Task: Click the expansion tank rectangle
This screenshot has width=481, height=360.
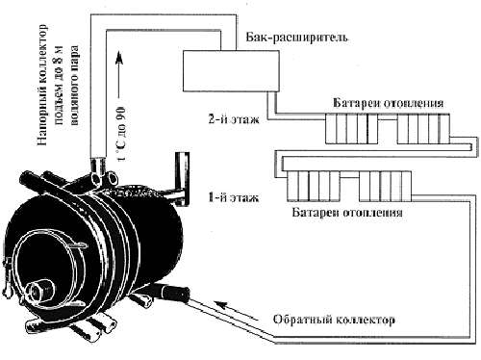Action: (x=231, y=70)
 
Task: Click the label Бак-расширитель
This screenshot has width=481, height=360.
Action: (x=297, y=38)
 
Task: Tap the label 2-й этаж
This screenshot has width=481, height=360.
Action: (x=234, y=119)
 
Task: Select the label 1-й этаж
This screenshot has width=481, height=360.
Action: (x=234, y=197)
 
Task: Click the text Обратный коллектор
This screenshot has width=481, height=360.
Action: (x=334, y=320)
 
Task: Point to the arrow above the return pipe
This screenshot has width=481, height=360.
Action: (x=236, y=311)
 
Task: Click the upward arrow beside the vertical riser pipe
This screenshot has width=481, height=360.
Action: (x=119, y=74)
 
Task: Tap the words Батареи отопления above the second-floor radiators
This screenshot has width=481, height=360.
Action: (x=389, y=103)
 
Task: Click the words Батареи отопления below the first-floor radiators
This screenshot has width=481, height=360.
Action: (x=347, y=213)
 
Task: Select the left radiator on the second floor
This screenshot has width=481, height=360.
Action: (x=352, y=128)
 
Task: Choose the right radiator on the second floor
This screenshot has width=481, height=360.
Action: (x=423, y=128)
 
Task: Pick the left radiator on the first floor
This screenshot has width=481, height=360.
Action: (x=314, y=187)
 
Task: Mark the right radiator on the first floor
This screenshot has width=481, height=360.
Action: (x=385, y=187)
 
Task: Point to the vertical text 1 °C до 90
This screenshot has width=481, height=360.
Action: (x=122, y=133)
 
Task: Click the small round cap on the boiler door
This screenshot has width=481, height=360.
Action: (x=36, y=290)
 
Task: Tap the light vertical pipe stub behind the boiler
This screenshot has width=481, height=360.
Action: (x=182, y=178)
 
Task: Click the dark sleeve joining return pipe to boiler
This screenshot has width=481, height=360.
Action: (x=175, y=293)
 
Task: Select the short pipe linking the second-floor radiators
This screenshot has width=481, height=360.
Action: (x=388, y=119)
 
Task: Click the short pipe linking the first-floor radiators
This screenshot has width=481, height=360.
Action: (x=349, y=176)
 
